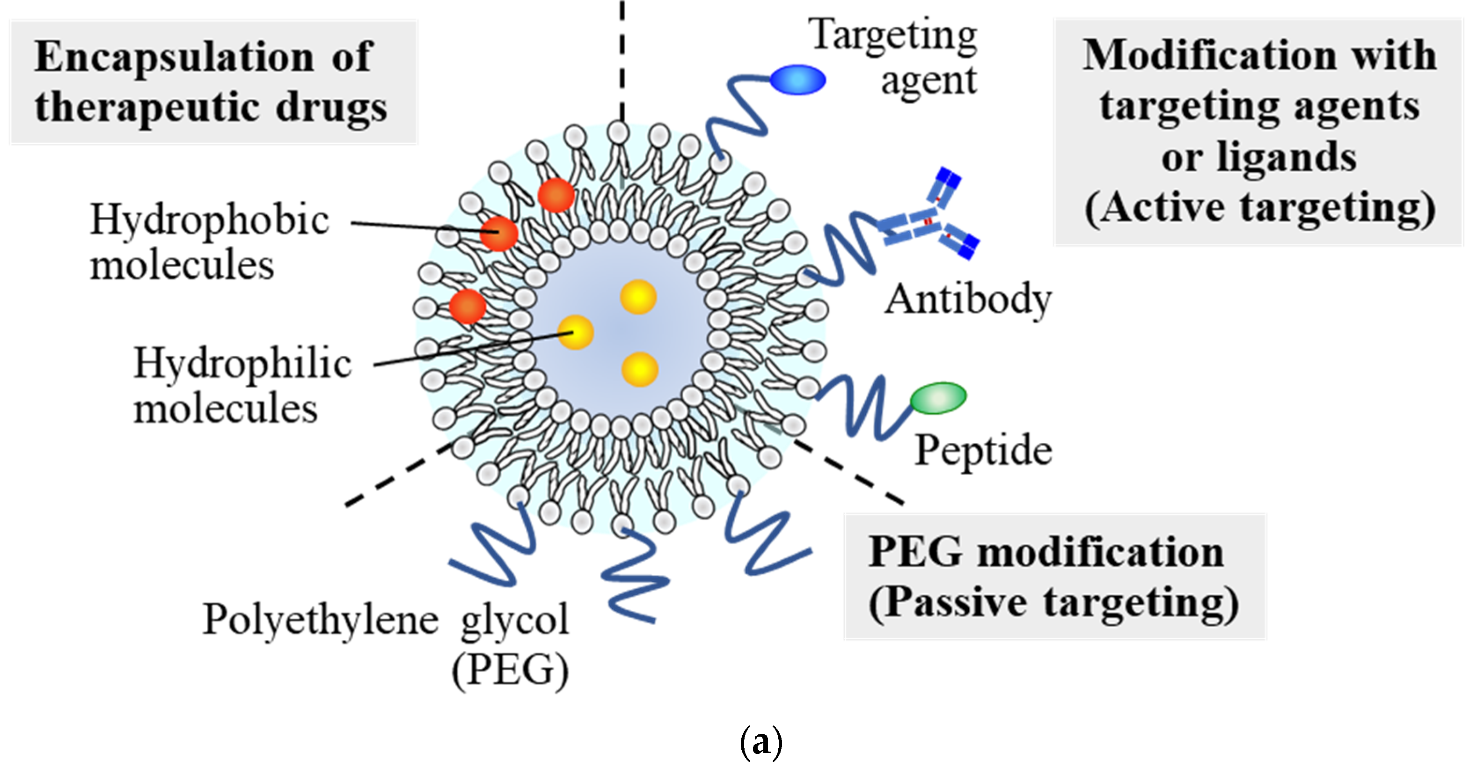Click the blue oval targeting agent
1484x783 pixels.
tap(797, 80)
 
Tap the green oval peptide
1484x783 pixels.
tap(938, 397)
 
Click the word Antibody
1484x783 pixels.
tap(968, 300)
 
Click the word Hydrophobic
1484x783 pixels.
tap(210, 220)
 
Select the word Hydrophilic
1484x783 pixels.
tap(242, 364)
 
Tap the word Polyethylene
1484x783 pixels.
tap(320, 620)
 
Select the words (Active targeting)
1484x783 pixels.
tap(1259, 207)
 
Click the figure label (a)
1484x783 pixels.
tap(760, 743)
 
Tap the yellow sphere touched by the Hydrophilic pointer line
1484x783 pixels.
tap(576, 332)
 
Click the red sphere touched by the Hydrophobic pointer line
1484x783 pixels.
tap(499, 234)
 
